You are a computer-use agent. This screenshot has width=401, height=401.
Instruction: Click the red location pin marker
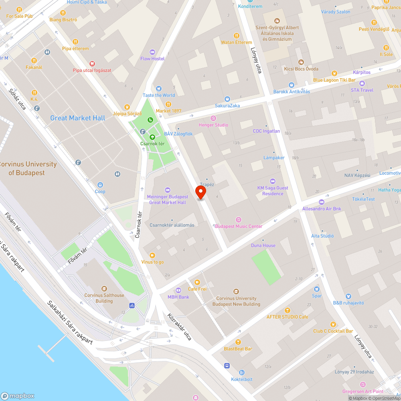(x=201, y=192)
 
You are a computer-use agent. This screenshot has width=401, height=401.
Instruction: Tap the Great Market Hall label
(x=77, y=118)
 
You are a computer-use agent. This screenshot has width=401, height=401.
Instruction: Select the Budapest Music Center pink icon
(x=239, y=219)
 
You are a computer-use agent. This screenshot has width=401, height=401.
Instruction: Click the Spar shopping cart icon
(x=317, y=289)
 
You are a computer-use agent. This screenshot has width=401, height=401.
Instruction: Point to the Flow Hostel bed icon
(x=152, y=52)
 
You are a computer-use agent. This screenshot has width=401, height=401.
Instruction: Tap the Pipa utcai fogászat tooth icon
(x=92, y=63)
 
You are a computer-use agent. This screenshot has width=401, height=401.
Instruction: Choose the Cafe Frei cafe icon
(x=197, y=282)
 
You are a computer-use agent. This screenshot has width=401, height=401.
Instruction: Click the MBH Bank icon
(x=178, y=290)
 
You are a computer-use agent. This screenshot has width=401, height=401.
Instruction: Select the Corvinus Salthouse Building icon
(x=104, y=289)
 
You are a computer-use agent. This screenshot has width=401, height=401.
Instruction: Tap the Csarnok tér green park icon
(x=152, y=137)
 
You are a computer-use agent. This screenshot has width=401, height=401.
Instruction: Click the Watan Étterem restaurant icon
(x=236, y=35)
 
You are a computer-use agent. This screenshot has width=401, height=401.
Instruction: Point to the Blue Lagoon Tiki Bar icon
(x=334, y=73)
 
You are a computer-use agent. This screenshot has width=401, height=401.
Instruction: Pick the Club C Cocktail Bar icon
(x=333, y=324)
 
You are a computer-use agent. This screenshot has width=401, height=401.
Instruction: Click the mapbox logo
(x=18, y=395)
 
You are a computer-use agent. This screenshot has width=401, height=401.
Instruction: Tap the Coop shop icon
(x=100, y=185)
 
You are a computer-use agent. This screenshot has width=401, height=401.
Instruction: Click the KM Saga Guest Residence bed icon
(x=273, y=181)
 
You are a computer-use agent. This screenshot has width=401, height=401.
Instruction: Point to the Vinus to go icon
(x=152, y=255)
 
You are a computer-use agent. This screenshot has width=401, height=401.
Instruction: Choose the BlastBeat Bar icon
(x=238, y=342)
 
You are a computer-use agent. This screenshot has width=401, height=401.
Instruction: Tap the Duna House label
(x=263, y=245)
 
